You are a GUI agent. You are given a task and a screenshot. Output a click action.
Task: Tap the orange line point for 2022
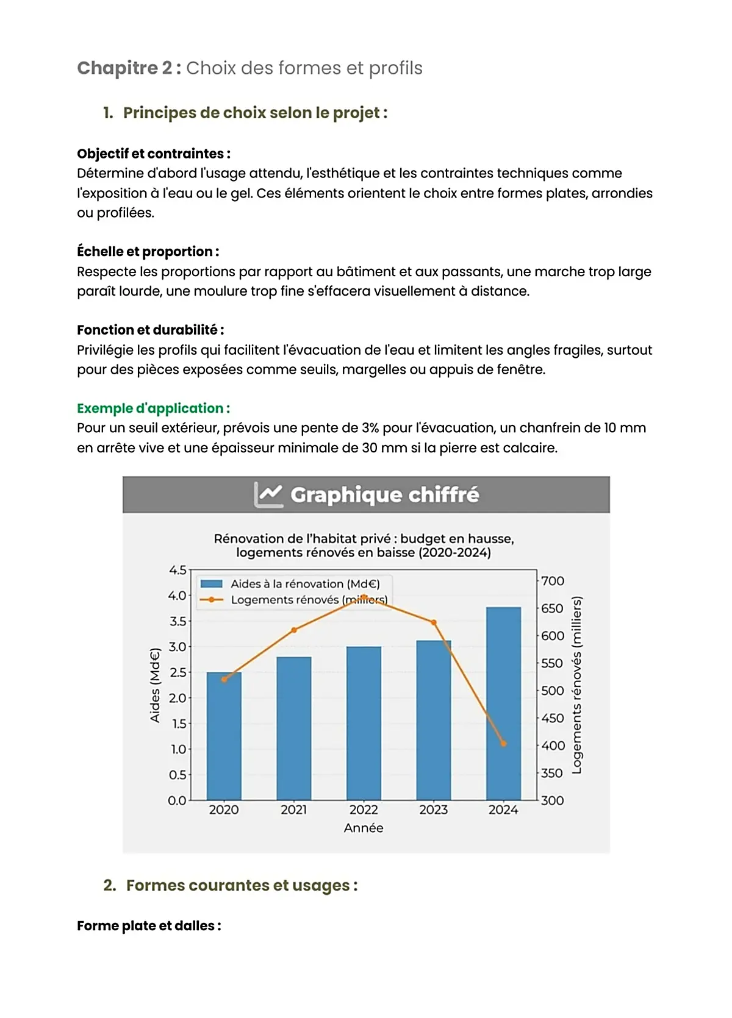click(364, 597)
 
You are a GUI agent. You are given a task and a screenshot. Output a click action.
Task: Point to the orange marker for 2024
click(503, 743)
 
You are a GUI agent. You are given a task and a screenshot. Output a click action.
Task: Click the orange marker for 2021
click(294, 630)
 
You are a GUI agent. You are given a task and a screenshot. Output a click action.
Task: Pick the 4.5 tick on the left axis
click(178, 570)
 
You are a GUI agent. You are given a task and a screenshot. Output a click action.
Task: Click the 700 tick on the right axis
click(553, 581)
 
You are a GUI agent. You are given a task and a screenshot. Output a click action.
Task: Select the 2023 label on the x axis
click(433, 810)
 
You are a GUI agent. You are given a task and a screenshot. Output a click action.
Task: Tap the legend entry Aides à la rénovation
click(304, 583)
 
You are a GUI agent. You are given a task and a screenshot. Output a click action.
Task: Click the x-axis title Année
click(364, 828)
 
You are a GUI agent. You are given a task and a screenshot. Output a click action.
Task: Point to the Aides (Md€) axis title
click(155, 685)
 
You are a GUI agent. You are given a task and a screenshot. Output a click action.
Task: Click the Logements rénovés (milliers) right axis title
click(576, 685)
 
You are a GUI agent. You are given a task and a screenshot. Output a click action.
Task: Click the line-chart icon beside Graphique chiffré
click(268, 494)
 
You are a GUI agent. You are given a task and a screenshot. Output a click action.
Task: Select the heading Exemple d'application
click(153, 408)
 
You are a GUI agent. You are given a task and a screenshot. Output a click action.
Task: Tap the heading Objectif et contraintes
click(153, 154)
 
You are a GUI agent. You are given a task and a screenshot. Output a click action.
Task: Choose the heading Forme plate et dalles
click(148, 925)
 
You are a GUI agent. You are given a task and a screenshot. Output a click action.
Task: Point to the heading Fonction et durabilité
click(150, 330)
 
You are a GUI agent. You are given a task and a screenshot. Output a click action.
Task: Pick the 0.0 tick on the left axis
click(178, 800)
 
